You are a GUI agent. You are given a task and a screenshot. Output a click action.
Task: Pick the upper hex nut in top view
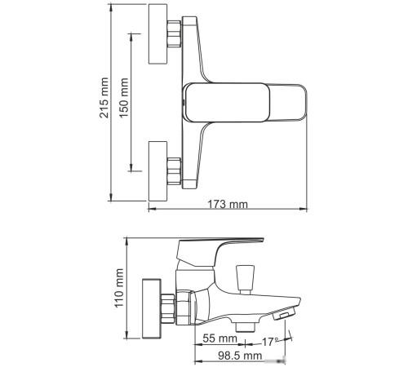point(174,38)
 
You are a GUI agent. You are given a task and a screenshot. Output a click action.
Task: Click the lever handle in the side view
point(220,243)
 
